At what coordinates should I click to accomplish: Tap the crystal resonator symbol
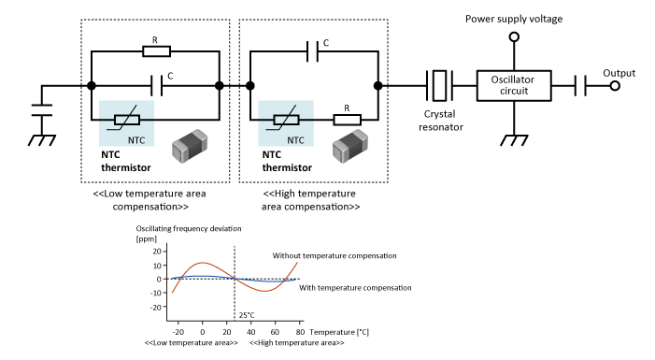coord(439,86)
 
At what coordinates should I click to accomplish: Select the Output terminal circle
coord(615,86)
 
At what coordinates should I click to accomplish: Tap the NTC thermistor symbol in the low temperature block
coord(127,121)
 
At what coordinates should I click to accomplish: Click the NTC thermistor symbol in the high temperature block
coord(287,121)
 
